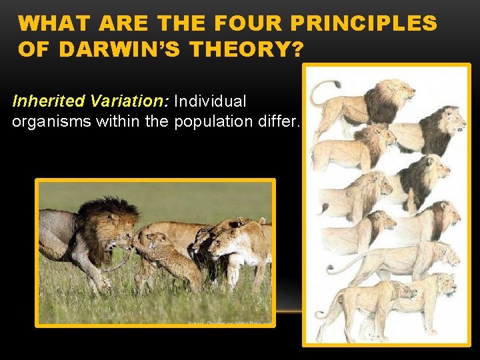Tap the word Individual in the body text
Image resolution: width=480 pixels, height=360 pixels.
click(210, 101)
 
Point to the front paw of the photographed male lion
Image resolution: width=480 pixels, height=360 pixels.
click(100, 287)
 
